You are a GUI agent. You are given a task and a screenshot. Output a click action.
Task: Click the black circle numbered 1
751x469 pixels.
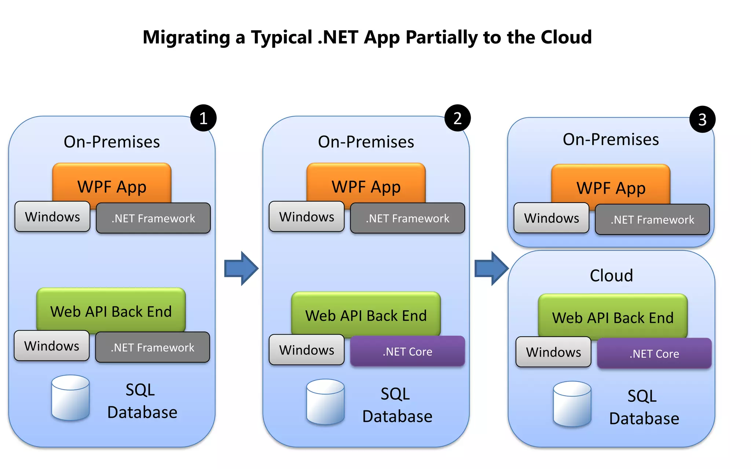pos(204,118)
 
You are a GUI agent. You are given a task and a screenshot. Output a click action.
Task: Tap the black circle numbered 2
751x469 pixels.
pos(457,118)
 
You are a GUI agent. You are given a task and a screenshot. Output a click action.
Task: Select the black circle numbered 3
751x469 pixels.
pos(702,119)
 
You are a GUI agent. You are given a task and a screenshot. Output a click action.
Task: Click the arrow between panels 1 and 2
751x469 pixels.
pos(241,269)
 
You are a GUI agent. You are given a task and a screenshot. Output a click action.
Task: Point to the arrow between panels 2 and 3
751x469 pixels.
pos(491,269)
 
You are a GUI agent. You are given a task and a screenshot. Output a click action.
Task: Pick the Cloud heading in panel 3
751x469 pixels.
pos(611,276)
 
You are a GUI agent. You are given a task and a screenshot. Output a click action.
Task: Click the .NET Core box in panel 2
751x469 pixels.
pos(407,351)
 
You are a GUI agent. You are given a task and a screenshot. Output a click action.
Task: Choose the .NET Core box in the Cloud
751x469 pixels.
pos(654,354)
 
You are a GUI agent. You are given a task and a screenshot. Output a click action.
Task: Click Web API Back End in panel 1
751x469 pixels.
pos(111,311)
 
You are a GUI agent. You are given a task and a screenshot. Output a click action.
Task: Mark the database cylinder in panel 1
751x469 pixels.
pos(70,398)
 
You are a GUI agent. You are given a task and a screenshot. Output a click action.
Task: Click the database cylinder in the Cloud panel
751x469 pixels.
pos(572,404)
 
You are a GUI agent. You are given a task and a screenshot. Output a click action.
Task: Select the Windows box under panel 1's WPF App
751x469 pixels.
pos(52,217)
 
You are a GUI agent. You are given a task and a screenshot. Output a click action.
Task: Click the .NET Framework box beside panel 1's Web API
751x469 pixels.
pos(153,347)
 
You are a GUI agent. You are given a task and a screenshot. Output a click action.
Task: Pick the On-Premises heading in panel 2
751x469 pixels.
pos(366,142)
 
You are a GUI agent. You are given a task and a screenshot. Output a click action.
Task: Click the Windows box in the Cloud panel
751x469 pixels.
pos(553,352)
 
